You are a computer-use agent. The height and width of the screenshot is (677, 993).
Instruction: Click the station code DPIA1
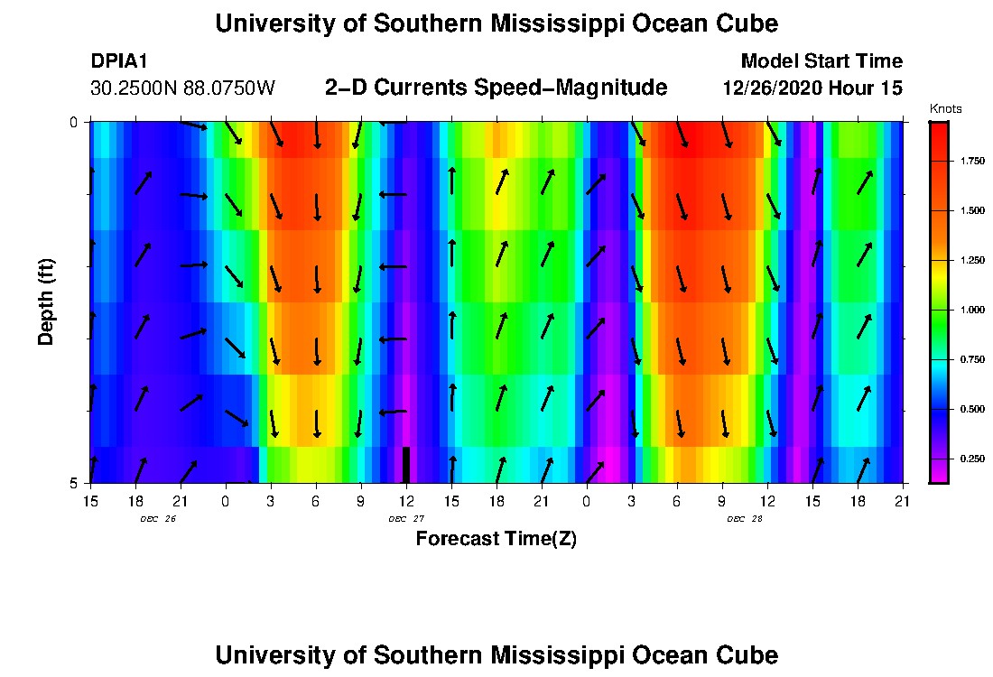pyautogui.click(x=120, y=61)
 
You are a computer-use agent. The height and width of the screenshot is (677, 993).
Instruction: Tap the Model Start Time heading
pyautogui.click(x=821, y=61)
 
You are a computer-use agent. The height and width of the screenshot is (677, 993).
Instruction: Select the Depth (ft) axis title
pyautogui.click(x=46, y=302)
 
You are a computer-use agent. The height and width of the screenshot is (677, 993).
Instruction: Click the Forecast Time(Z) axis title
pyautogui.click(x=496, y=539)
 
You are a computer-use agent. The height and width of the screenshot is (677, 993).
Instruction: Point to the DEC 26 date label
pyautogui.click(x=158, y=519)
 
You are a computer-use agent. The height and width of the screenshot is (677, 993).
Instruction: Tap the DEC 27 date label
pyautogui.click(x=406, y=519)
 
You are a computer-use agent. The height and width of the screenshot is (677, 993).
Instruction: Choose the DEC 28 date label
pyautogui.click(x=745, y=519)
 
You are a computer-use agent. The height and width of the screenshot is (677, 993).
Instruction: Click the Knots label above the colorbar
pyautogui.click(x=946, y=109)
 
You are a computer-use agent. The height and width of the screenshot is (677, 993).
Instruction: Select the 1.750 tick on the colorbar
pyautogui.click(x=971, y=161)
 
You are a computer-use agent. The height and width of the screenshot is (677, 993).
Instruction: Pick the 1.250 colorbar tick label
pyautogui.click(x=971, y=260)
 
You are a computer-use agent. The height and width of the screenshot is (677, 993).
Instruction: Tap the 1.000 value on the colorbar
pyautogui.click(x=971, y=310)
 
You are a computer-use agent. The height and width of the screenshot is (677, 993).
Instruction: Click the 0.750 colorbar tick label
pyautogui.click(x=971, y=359)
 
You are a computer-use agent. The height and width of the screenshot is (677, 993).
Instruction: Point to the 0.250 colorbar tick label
pyautogui.click(x=971, y=459)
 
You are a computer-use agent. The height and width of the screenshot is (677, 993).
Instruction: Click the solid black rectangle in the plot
pyautogui.click(x=406, y=464)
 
